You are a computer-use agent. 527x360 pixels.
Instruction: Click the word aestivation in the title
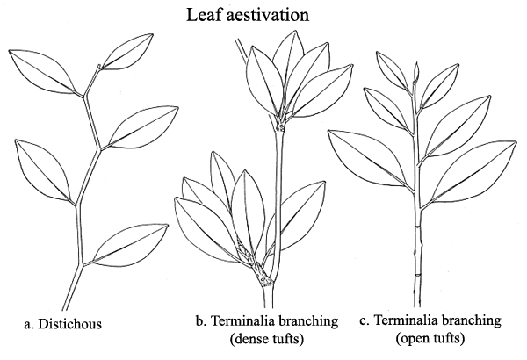click(x=268, y=15)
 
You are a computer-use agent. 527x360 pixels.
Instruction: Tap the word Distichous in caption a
click(x=69, y=324)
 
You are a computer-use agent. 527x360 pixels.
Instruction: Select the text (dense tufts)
click(x=267, y=338)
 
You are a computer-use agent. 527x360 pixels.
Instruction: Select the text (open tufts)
click(x=430, y=338)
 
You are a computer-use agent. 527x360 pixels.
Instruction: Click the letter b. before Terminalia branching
click(x=200, y=321)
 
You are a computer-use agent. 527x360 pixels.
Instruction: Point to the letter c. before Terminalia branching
click(x=365, y=320)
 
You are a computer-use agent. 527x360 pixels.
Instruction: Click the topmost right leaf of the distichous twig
click(x=127, y=52)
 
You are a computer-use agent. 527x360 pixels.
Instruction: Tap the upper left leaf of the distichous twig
click(x=42, y=70)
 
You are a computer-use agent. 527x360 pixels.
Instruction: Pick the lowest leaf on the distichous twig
click(x=130, y=245)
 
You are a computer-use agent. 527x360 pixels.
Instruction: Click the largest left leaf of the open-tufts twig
click(x=368, y=158)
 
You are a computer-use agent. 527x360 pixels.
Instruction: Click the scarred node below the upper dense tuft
click(x=280, y=126)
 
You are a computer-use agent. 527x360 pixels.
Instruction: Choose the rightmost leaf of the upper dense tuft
click(x=322, y=90)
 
